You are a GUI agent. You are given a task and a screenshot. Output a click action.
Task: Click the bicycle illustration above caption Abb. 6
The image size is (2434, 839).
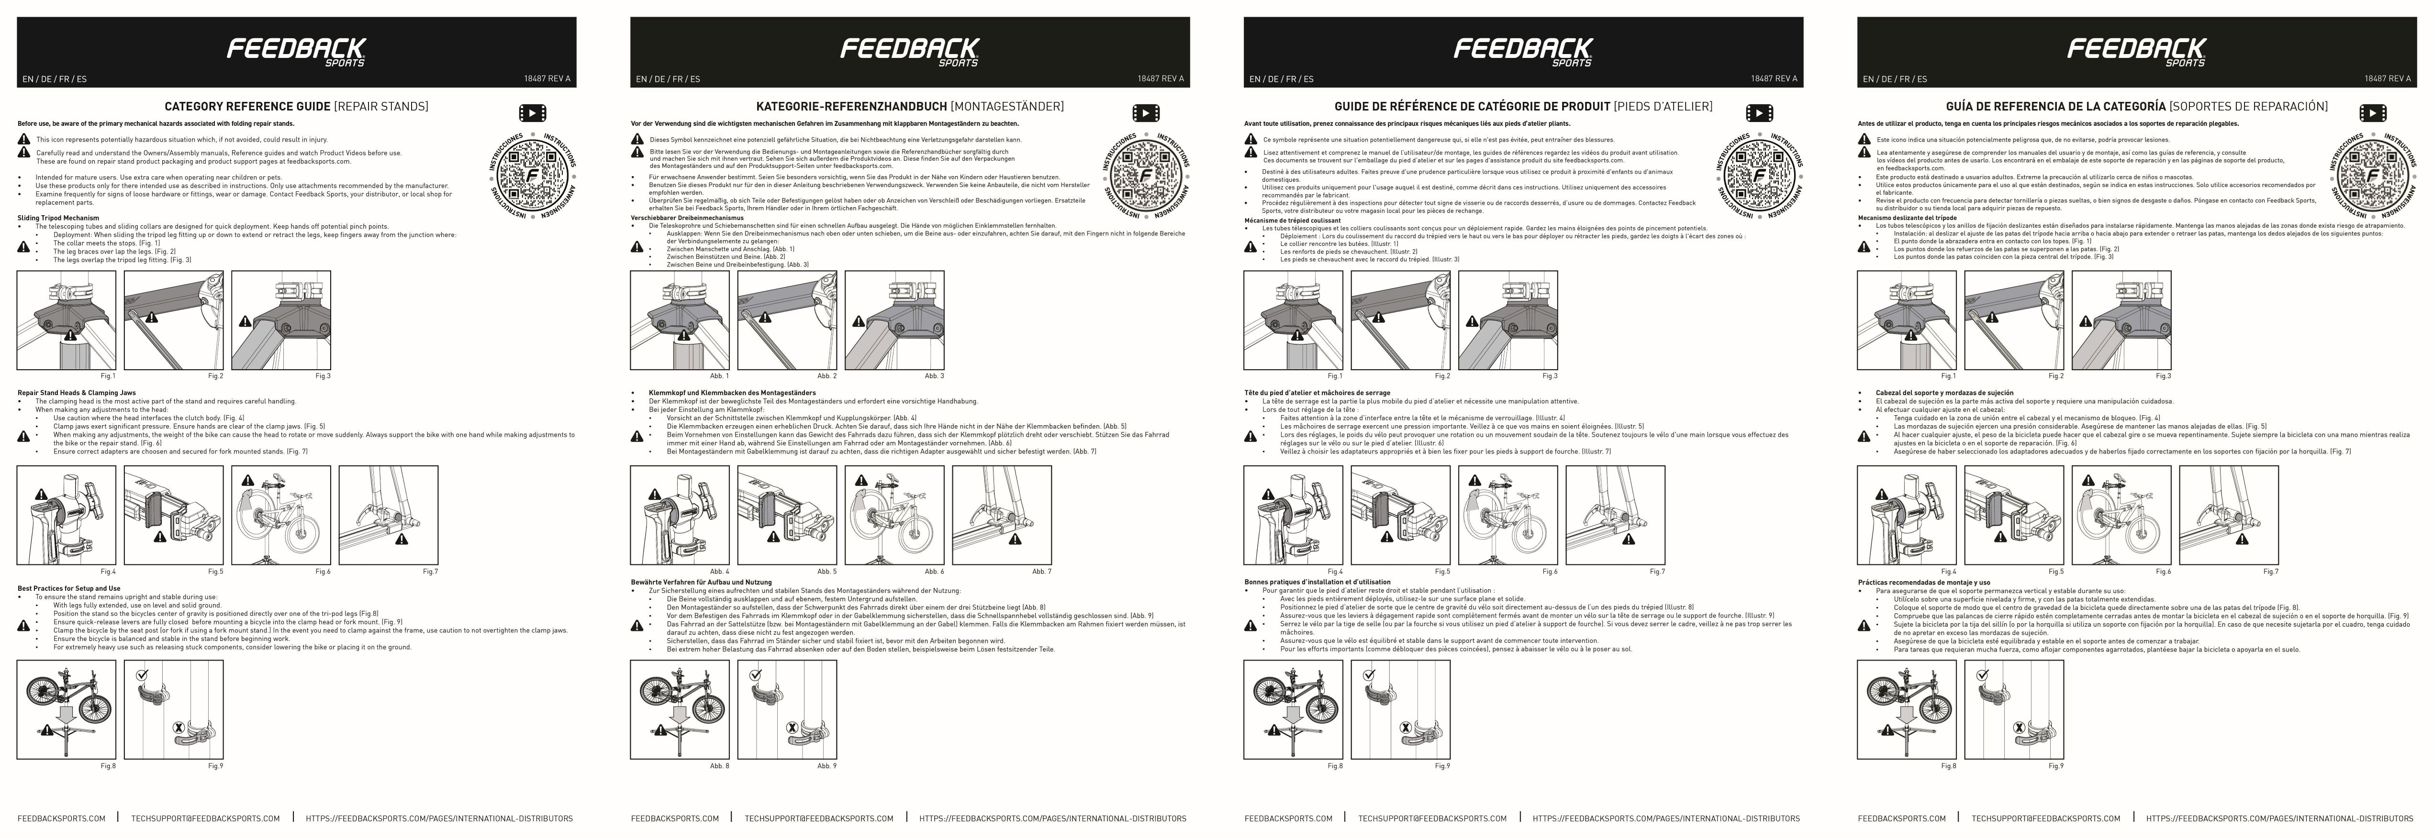[894, 515]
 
